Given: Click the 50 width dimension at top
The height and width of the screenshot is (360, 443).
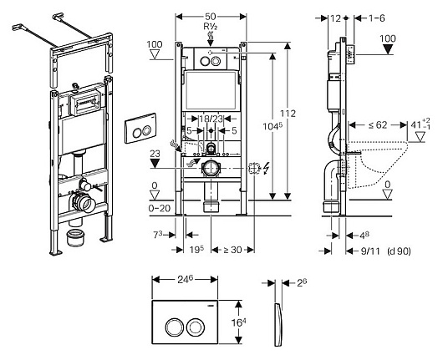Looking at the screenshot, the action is coord(210,17).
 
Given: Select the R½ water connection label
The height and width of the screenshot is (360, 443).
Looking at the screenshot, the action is coord(211,27).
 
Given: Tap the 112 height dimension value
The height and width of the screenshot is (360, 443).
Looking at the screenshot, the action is coord(288,114).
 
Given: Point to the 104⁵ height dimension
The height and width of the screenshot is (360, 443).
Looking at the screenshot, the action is coord(272,126).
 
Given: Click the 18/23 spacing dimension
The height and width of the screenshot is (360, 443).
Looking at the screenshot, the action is coord(211,119).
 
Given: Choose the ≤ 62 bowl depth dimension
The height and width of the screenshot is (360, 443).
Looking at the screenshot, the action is coord(378,124).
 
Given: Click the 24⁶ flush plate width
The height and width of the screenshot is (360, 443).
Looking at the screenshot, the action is coord(185,280).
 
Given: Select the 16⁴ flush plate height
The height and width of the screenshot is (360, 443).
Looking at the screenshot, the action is coord(239,322).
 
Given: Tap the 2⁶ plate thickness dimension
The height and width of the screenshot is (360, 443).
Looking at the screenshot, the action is coord(302,282).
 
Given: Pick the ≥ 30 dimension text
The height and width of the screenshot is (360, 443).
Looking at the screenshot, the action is coord(232,250).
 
